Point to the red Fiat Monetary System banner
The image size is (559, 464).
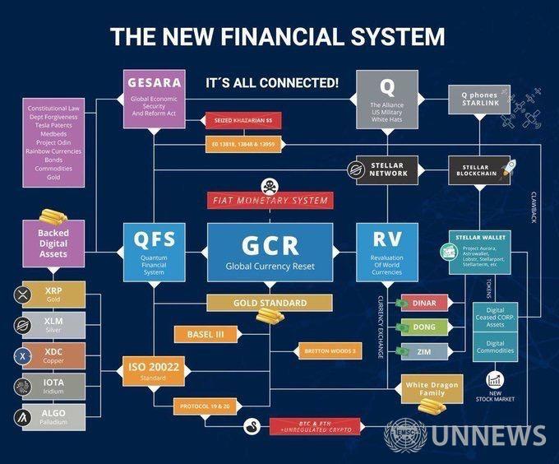[x=270, y=200]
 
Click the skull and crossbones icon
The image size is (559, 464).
[x=270, y=184]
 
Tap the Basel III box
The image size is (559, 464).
[x=206, y=334]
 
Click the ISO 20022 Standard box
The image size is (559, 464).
[x=154, y=371]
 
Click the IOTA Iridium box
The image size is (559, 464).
[x=53, y=387]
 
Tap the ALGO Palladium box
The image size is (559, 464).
[x=53, y=417]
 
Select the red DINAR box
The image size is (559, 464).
[x=424, y=302]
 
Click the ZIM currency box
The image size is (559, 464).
[x=424, y=352]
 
